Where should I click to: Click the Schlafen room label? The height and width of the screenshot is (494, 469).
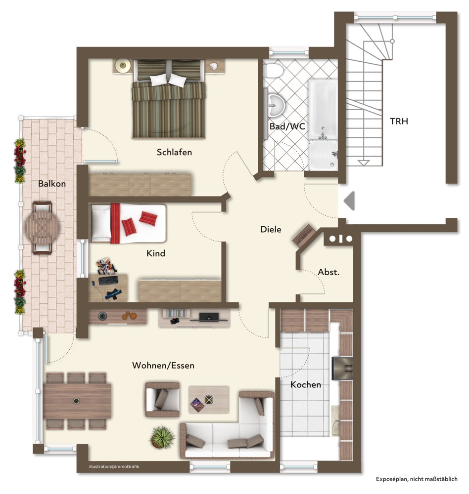coord(174,152)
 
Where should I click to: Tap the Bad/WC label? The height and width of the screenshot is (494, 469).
coord(287,126)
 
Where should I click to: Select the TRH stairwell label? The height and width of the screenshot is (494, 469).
coord(399,122)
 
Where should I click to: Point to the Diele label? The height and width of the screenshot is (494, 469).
coord(271,229)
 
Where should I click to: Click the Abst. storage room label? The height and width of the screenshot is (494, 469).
coord(328,272)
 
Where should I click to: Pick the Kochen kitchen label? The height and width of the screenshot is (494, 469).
coord(306,385)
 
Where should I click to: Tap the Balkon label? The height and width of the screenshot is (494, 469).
coord(52,184)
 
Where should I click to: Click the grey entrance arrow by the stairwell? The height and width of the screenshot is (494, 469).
coord(349,201)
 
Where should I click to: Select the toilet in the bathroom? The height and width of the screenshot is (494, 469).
coord(273,70)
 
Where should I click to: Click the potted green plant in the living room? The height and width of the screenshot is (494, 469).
coord(162,437)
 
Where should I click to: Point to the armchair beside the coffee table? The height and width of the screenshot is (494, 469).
coord(162,400)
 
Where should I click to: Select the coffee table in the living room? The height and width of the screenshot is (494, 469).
coord(209,400)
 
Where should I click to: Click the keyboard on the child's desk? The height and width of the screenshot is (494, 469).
coord(108,280)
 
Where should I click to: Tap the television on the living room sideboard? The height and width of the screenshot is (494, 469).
coord(209,317)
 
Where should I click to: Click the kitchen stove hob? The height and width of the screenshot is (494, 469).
coord(342,369)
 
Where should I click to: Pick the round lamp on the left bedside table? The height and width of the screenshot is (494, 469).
coord(123,66)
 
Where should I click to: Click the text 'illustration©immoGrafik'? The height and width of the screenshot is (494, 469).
coord(114,467)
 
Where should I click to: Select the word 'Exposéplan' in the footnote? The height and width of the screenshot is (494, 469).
coord(391,479)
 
